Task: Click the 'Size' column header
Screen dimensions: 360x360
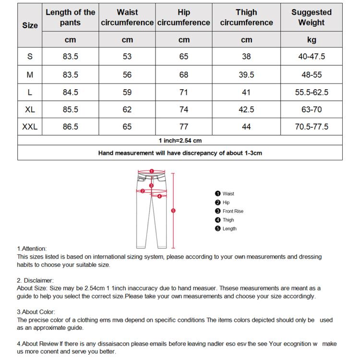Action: coord(30,25)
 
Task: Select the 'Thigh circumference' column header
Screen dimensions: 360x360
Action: coord(246,17)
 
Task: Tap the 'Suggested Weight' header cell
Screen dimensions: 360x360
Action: coord(311,17)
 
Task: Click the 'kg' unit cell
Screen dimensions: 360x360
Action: coord(311,40)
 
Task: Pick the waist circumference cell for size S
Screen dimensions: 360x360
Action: coord(127,57)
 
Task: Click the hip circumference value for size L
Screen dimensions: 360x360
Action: coord(184,92)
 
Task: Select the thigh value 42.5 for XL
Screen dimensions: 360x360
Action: coord(246,109)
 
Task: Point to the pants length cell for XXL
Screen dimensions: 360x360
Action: coord(70,127)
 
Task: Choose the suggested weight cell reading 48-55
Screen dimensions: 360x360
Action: coord(311,74)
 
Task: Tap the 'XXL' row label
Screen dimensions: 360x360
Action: coord(30,127)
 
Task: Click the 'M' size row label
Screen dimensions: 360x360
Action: coord(30,74)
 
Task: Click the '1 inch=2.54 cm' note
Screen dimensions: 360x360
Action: coord(180,141)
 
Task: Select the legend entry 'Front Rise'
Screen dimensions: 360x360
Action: coord(233,211)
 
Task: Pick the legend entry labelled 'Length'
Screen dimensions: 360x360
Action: coord(229,229)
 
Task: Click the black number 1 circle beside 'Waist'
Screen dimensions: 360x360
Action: coord(217,193)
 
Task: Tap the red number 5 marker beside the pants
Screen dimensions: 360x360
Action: coord(173,210)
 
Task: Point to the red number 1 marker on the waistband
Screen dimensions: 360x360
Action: coord(151,171)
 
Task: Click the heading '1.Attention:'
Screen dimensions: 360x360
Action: coord(32,249)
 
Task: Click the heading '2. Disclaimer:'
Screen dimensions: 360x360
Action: coord(35,280)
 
